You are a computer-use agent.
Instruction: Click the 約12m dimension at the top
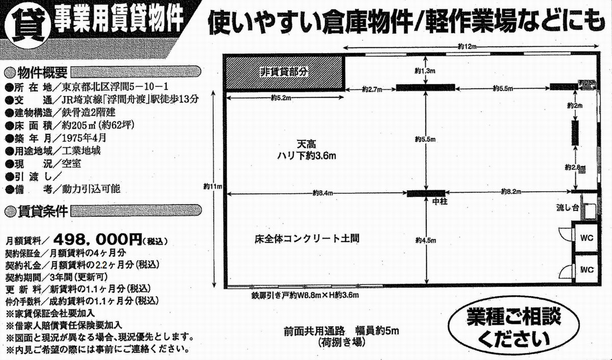(466, 46)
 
